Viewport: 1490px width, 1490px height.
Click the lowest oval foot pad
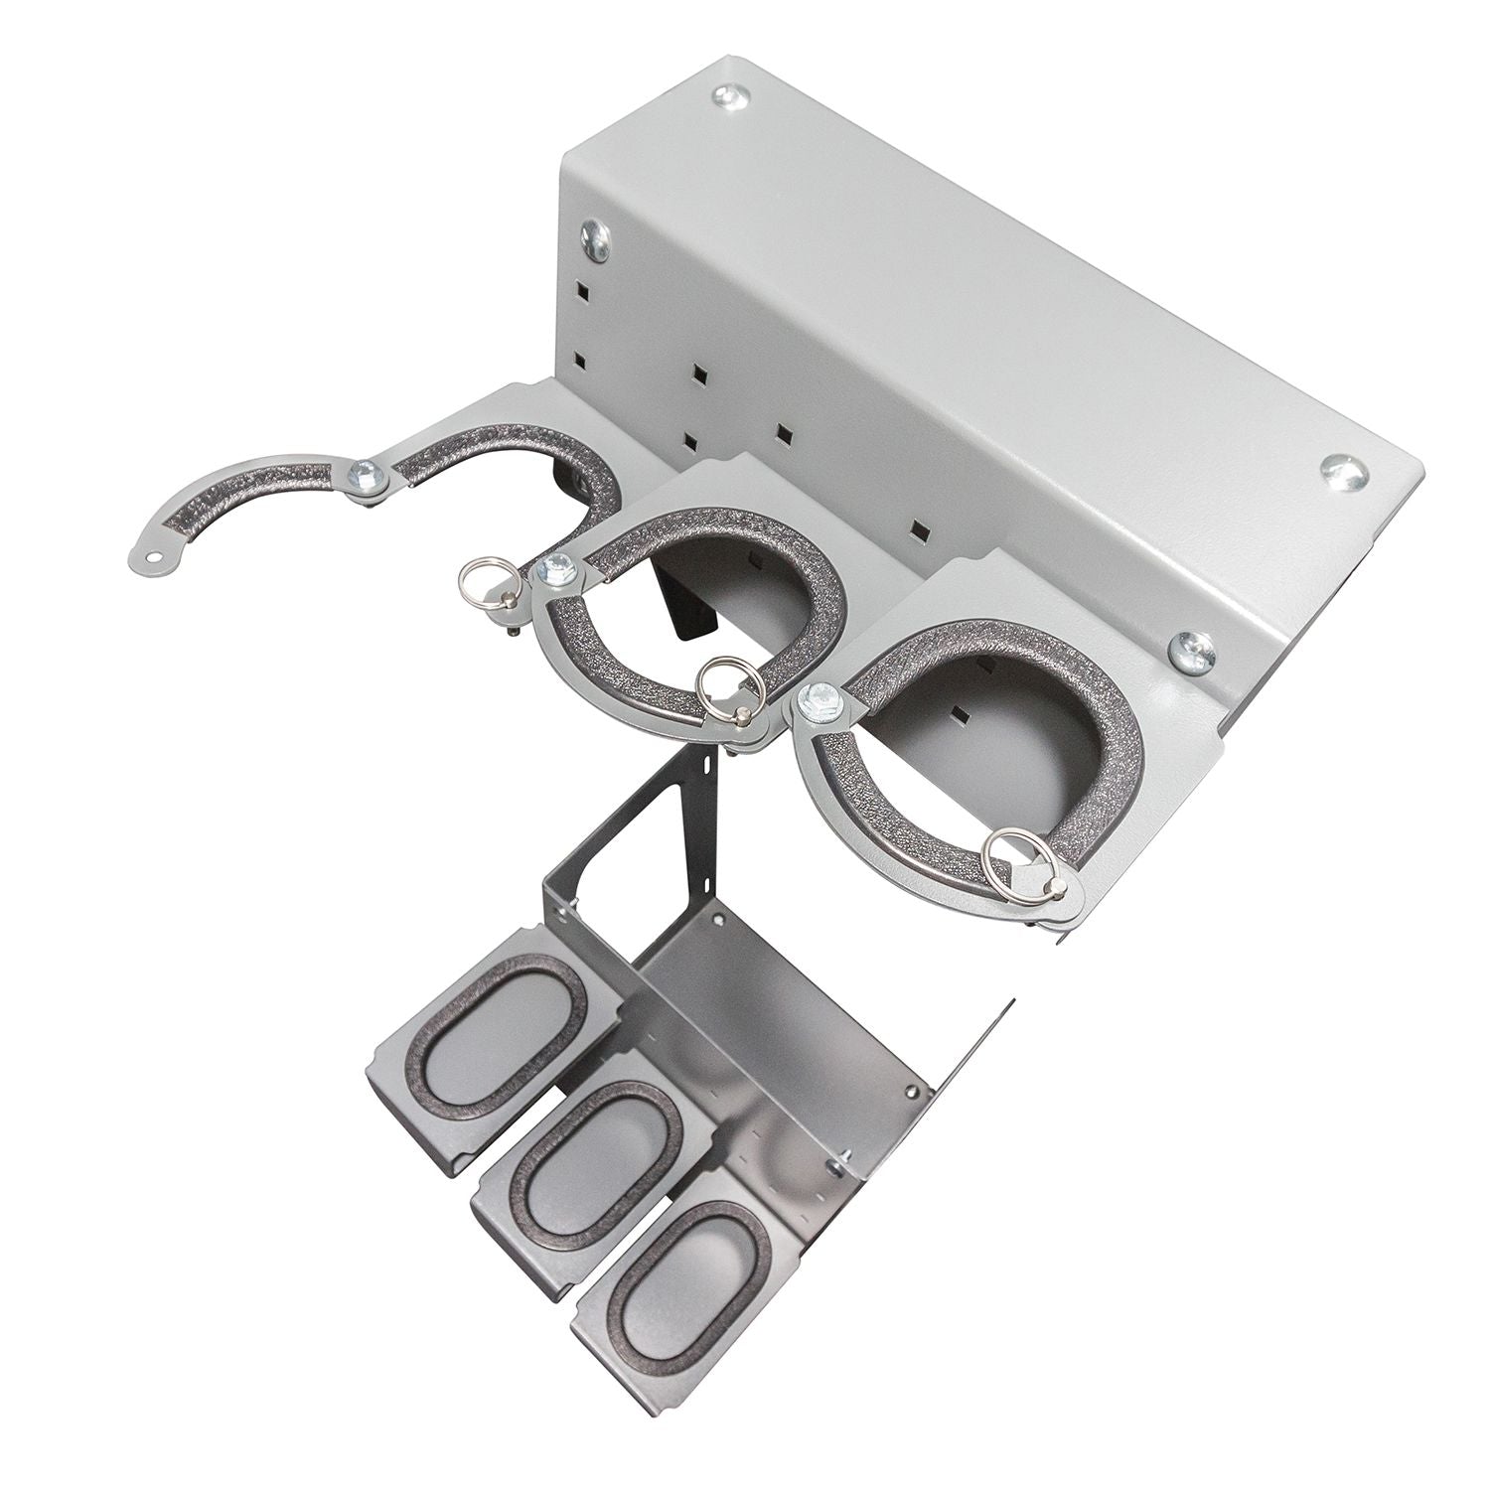point(685,1271)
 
